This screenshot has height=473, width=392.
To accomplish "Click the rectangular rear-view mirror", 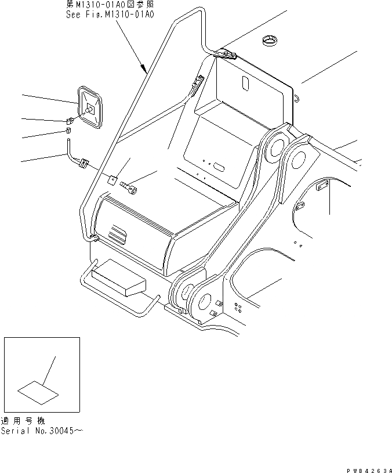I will [90, 107].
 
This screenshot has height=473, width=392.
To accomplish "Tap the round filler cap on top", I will [270, 41].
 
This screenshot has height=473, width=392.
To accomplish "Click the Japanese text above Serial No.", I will [23, 421].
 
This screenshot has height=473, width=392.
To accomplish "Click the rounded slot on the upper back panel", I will [245, 82].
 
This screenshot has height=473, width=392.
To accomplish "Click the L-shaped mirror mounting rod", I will [74, 157].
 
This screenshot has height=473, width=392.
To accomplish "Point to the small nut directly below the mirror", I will [68, 121].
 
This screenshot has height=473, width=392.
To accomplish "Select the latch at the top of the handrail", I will [226, 55].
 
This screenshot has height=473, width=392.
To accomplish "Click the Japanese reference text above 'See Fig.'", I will [110, 5].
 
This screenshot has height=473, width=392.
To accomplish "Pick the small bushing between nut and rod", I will [67, 133].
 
